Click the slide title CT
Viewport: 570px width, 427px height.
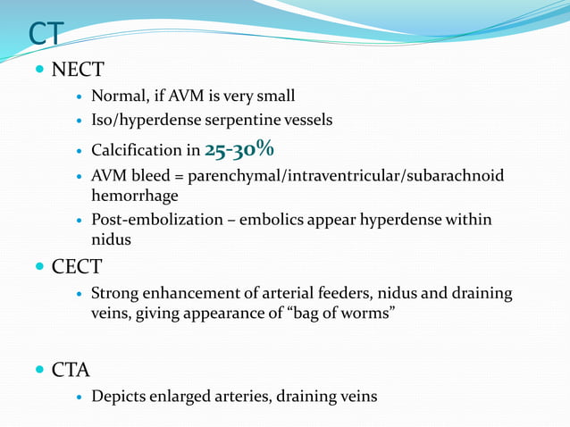45,33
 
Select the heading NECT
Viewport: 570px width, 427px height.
79,69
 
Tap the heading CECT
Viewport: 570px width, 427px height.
79,267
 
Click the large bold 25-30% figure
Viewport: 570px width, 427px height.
239,147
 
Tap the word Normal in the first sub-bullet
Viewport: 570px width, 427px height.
117,96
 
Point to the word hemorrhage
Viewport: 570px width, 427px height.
135,195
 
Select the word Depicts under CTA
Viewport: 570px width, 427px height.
118,395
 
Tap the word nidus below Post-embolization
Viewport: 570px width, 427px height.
110,239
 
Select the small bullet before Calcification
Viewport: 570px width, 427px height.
79,151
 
